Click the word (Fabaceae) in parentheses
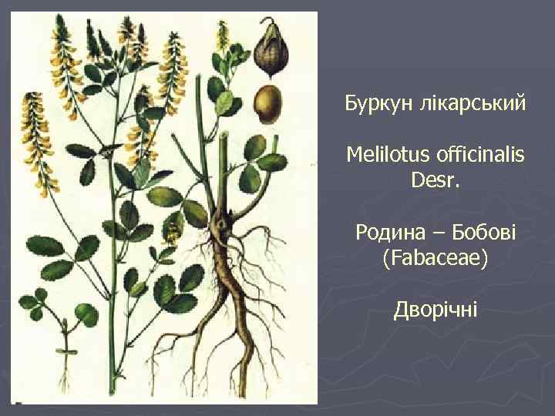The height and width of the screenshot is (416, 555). [x=435, y=258]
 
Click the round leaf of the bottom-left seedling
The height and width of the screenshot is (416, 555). [x=85, y=314]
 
